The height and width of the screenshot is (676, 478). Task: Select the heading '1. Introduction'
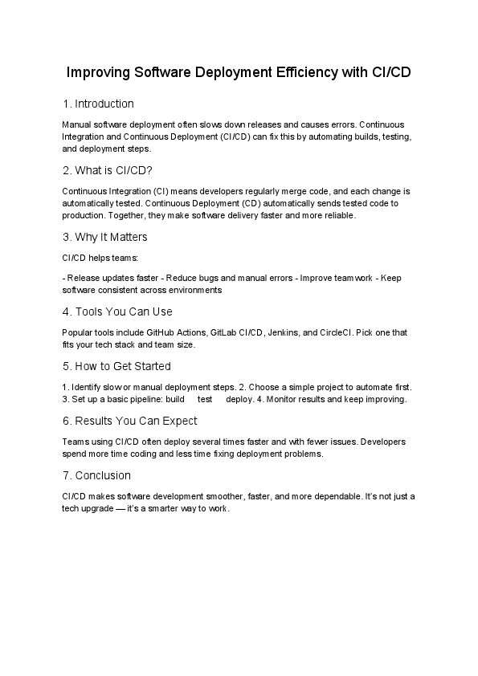pyautogui.click(x=98, y=104)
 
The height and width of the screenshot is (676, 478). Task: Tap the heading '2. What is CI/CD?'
pyautogui.click(x=107, y=170)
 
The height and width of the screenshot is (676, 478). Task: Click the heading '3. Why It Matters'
pyautogui.click(x=104, y=237)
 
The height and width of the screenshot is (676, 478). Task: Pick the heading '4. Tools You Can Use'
pyautogui.click(x=117, y=312)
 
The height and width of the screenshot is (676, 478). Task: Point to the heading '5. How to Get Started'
pyautogui.click(x=116, y=366)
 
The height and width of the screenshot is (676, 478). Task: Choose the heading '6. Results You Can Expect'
pyautogui.click(x=129, y=421)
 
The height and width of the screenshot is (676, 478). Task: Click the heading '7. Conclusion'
pyautogui.click(x=96, y=475)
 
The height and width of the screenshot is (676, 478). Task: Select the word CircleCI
pyautogui.click(x=345, y=332)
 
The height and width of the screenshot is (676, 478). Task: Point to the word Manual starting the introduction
pyautogui.click(x=76, y=125)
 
